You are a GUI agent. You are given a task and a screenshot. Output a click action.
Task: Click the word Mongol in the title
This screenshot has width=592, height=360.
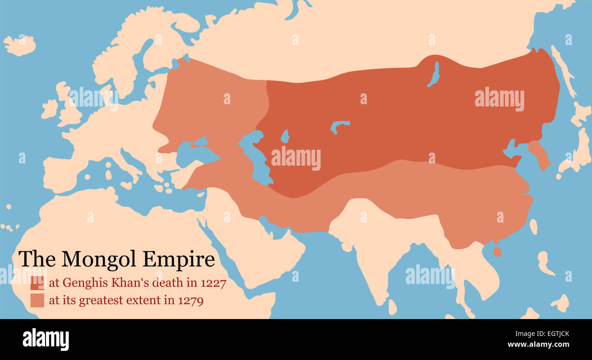tap(100, 259)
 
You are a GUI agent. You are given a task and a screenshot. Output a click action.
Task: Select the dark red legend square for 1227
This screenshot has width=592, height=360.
tap(37, 283)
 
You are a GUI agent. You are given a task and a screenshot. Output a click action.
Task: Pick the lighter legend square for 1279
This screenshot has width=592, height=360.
tap(37, 300)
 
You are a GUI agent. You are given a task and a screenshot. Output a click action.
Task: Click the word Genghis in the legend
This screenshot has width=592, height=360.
tap(81, 283)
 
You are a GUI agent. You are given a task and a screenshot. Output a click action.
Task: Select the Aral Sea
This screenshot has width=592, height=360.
tap(285, 136)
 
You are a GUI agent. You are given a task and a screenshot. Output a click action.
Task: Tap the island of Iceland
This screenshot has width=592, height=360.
tap(20, 45)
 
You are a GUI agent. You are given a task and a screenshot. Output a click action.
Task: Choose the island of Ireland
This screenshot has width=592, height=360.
tap(50, 110)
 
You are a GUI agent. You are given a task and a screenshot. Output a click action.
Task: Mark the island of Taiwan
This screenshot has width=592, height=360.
tap(533, 226)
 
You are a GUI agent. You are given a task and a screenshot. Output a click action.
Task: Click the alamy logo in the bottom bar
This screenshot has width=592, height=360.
tap(46, 340)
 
